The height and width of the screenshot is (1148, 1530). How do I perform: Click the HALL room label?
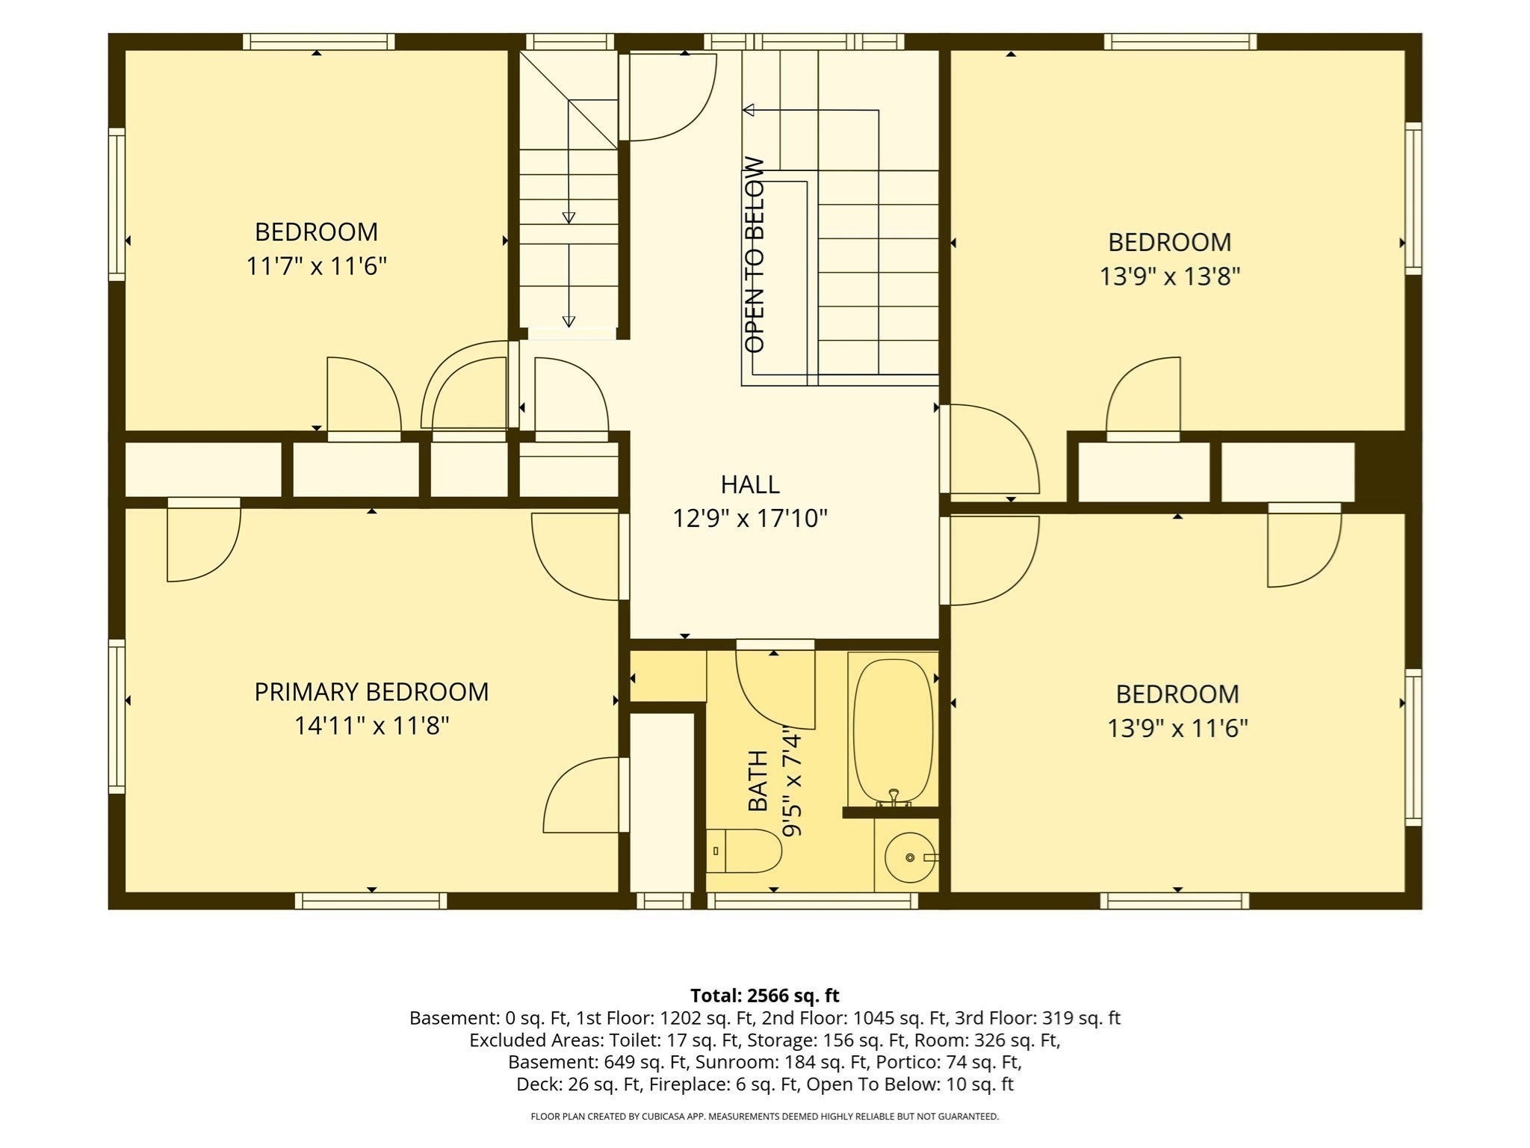pyautogui.click(x=750, y=484)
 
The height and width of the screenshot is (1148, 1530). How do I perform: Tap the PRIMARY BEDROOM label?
pyautogui.click(x=371, y=692)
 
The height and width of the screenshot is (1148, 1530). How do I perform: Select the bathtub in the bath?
pyautogui.click(x=893, y=731)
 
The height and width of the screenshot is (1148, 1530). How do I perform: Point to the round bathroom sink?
pyautogui.click(x=909, y=857)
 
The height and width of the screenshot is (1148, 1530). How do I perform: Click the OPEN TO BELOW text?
pyautogui.click(x=755, y=255)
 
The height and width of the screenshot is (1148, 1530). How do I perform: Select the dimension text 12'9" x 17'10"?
pyautogui.click(x=750, y=518)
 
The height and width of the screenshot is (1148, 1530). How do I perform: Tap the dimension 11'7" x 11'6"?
pyautogui.click(x=317, y=266)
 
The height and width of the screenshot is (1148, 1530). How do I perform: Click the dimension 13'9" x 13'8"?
pyautogui.click(x=1169, y=277)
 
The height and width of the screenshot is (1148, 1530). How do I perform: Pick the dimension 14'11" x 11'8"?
pyautogui.click(x=371, y=726)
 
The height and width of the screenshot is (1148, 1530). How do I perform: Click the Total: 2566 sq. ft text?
pyautogui.click(x=765, y=996)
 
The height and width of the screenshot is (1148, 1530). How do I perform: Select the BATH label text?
pyautogui.click(x=758, y=780)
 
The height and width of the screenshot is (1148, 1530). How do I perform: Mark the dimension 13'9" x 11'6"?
pyautogui.click(x=1177, y=728)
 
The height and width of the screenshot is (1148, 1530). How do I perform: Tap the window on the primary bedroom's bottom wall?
pyautogui.click(x=371, y=901)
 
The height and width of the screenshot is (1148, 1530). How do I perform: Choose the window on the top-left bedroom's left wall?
pyautogui.click(x=117, y=205)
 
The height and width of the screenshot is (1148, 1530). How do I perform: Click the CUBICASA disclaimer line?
pyautogui.click(x=765, y=1117)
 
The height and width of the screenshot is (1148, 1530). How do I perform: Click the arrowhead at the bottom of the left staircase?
pyautogui.click(x=569, y=321)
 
